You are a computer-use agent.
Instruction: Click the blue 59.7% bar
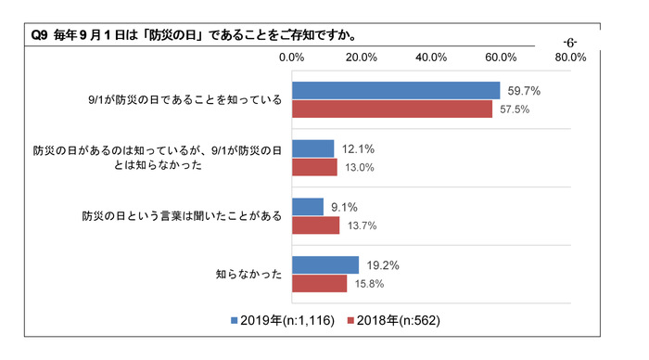[396, 91]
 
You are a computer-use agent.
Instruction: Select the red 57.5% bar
[392, 109]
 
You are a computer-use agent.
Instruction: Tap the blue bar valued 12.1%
[312, 148]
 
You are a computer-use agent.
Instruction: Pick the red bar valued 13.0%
[314, 167]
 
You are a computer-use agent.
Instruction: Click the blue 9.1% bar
[308, 207]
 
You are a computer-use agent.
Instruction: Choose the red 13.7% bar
[315, 225]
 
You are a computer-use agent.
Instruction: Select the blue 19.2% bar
[325, 264]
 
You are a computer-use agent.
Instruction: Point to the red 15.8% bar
[319, 283]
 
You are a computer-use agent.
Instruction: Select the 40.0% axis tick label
[431, 58]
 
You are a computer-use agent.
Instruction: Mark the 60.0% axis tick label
[501, 58]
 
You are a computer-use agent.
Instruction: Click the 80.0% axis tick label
[570, 58]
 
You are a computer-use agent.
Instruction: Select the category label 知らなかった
[248, 275]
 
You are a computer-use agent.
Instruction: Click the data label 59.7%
[523, 91]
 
